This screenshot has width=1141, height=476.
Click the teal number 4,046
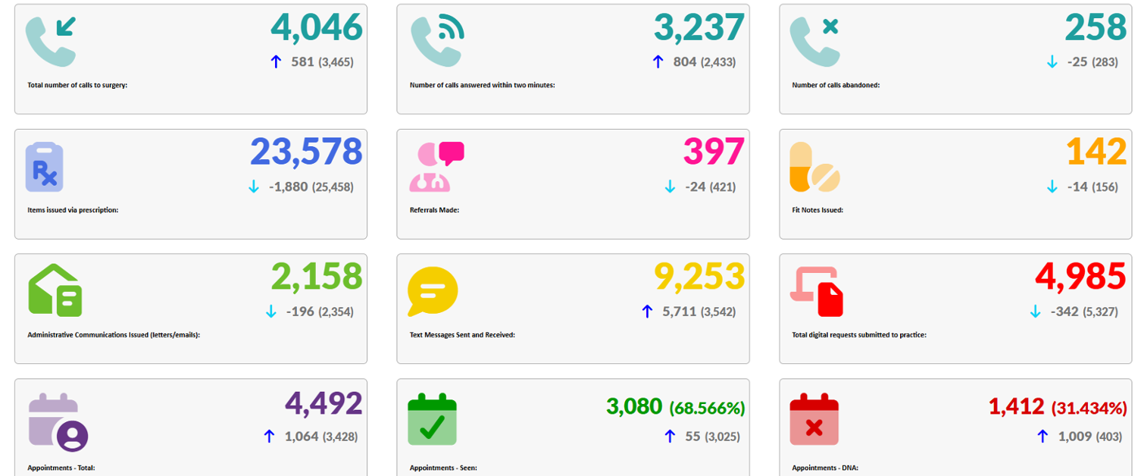coord(316,28)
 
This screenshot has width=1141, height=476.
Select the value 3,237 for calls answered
coord(699,28)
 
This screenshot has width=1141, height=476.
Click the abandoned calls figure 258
coord(1096,28)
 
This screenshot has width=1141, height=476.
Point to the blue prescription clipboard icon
coord(45,167)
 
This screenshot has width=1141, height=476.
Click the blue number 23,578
coord(306,152)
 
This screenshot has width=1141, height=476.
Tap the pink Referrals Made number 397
coord(714,152)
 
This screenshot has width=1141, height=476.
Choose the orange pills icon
coord(814,167)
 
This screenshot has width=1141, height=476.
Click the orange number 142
coord(1096,152)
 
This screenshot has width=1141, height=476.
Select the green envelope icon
coord(55,290)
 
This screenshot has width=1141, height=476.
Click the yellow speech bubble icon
coord(432,291)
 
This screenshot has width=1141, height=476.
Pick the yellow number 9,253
coord(699,277)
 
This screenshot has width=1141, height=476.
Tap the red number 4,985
coord(1080,277)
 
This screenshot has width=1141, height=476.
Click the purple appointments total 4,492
coord(324,402)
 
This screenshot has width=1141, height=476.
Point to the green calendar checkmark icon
coord(432,418)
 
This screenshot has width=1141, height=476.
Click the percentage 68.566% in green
coord(707,408)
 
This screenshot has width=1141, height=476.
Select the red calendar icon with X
coord(814,418)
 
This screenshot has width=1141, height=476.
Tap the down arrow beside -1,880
coord(254,186)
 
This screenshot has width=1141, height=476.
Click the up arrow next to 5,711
coord(647,312)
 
